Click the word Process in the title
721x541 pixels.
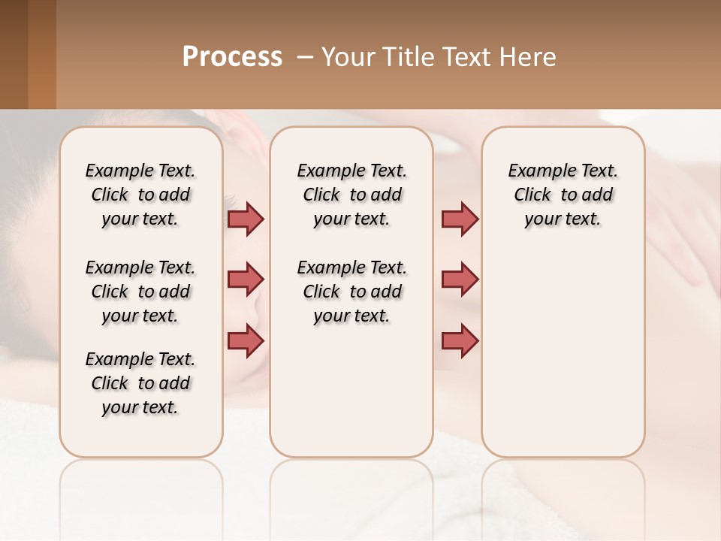point(232,57)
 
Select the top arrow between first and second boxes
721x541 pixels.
point(246,219)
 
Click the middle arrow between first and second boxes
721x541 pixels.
point(246,280)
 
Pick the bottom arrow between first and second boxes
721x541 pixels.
point(246,340)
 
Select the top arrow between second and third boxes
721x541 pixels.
point(460,219)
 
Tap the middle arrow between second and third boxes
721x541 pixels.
point(460,280)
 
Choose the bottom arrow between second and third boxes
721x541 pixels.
point(460,340)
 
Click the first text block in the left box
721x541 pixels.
point(140,195)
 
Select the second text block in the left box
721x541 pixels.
point(140,292)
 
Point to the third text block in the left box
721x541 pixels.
point(140,383)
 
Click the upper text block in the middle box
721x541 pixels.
point(351,195)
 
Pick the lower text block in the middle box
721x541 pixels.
point(351,292)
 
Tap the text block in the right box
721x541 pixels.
point(563,195)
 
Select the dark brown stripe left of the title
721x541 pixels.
point(14,54)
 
